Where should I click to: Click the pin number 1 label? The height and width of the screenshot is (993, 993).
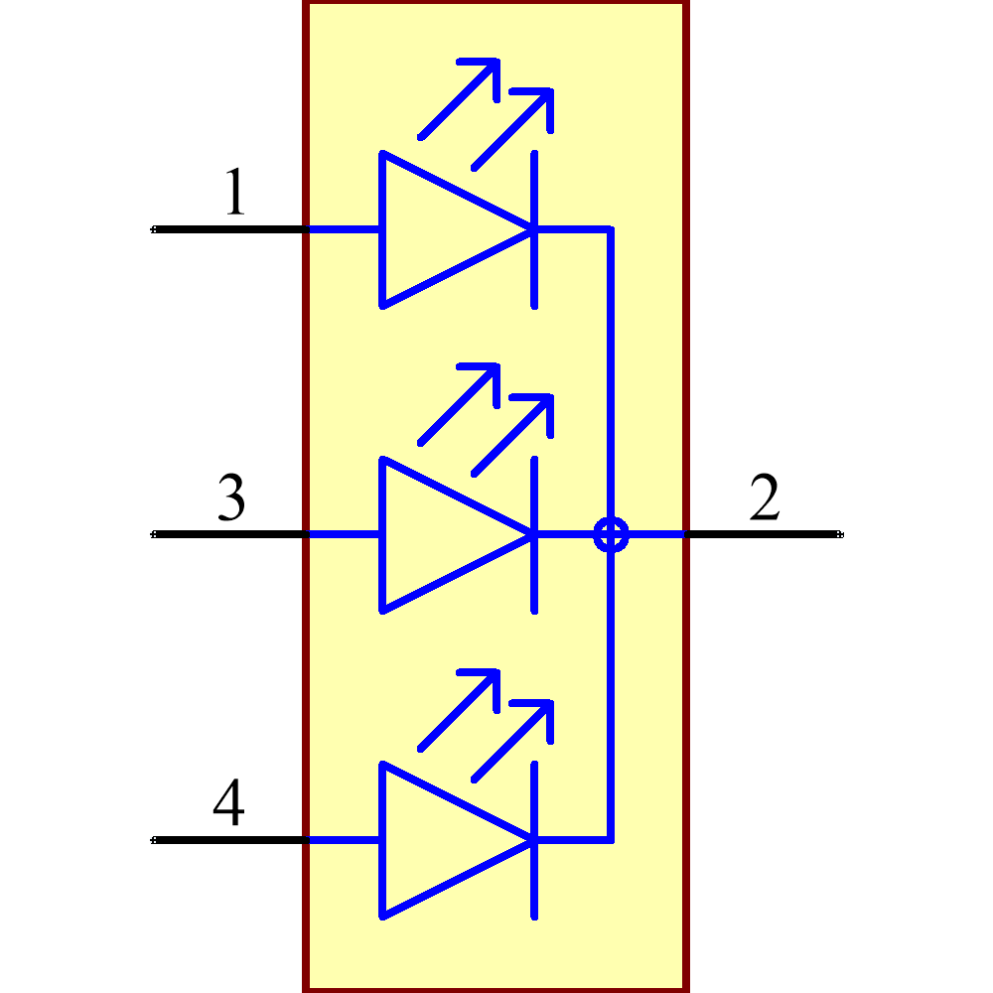pyautogui.click(x=235, y=192)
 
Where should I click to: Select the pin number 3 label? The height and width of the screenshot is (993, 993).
pyautogui.click(x=230, y=498)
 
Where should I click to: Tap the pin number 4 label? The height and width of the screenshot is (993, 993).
pyautogui.click(x=228, y=803)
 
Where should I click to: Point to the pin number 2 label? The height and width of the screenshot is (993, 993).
pyautogui.click(x=765, y=498)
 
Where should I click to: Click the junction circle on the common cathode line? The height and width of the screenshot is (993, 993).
pyautogui.click(x=611, y=534)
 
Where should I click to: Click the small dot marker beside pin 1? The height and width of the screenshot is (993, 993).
pyautogui.click(x=153, y=229)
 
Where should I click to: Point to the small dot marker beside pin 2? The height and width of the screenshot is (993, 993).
pyautogui.click(x=840, y=534)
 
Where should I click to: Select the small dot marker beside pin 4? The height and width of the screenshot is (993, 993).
pyautogui.click(x=153, y=840)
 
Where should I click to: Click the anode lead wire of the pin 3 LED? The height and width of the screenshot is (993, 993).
pyautogui.click(x=343, y=534)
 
